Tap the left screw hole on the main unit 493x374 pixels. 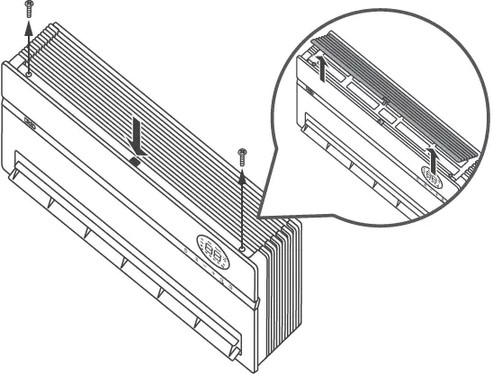(x=29, y=74)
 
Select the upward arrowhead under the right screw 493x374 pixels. (x=242, y=178)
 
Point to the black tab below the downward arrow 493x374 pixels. (x=134, y=161)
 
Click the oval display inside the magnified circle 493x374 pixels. (x=432, y=179)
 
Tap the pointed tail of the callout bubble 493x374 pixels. (x=261, y=217)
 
